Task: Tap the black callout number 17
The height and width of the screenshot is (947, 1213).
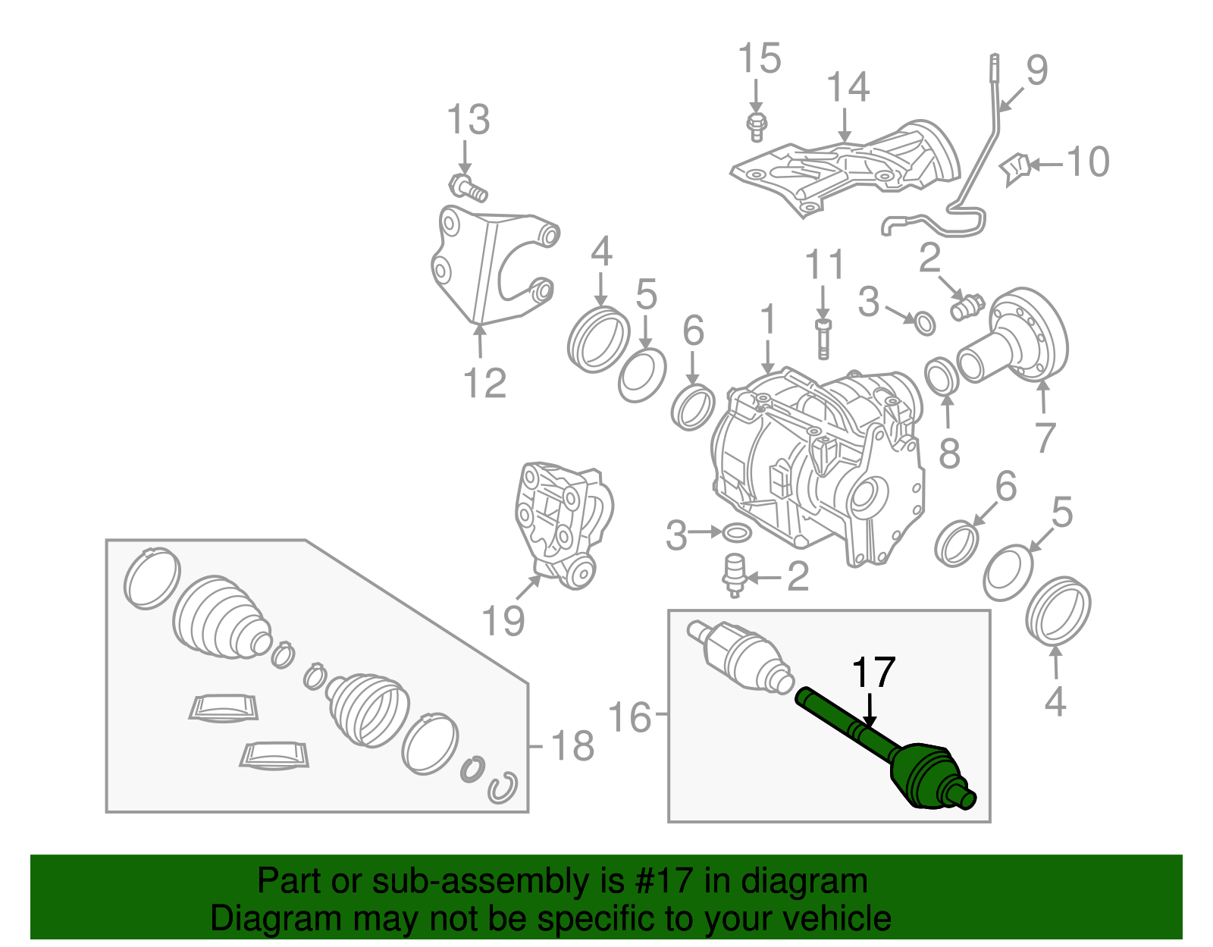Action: pyautogui.click(x=873, y=673)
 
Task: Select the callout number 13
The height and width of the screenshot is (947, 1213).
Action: pyautogui.click(x=468, y=120)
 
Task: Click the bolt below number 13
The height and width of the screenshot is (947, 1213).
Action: pyautogui.click(x=469, y=187)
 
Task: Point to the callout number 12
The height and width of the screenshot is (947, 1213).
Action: pyautogui.click(x=484, y=383)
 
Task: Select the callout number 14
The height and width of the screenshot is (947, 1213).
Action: pyautogui.click(x=848, y=87)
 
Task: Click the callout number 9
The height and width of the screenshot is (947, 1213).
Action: pyautogui.click(x=1036, y=70)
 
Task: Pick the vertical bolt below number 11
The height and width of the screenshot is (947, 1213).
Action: pyautogui.click(x=823, y=338)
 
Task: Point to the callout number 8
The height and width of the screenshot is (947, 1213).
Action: pyautogui.click(x=949, y=453)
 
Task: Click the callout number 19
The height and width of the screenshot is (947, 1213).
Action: pyautogui.click(x=503, y=620)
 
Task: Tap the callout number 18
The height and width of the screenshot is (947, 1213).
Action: pyautogui.click(x=572, y=746)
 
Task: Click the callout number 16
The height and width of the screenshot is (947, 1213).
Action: pyautogui.click(x=629, y=717)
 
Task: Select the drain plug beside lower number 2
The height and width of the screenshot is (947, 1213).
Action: pyautogui.click(x=734, y=575)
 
